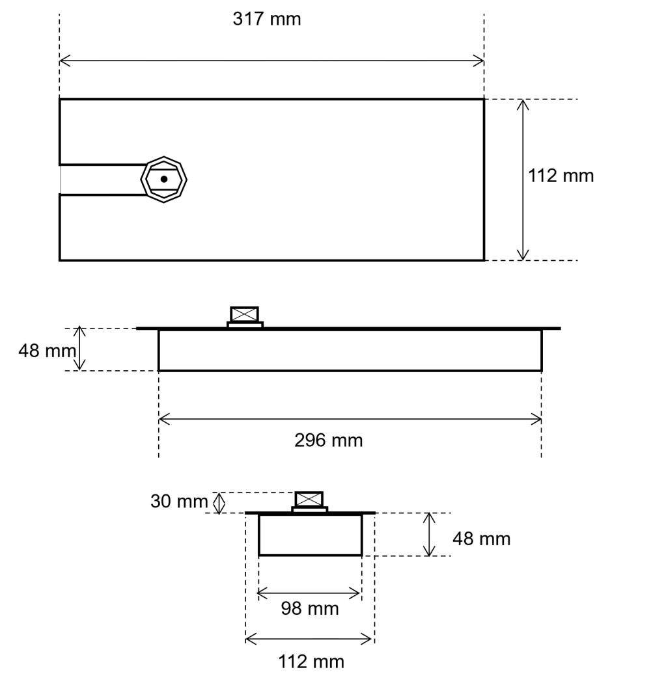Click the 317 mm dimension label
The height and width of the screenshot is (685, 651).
click(267, 20)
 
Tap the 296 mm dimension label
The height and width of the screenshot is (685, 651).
click(328, 440)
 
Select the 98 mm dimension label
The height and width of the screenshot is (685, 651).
click(309, 608)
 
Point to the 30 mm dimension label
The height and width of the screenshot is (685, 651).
click(179, 501)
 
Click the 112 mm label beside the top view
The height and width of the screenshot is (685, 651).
click(561, 176)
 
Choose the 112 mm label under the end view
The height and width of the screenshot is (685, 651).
click(311, 662)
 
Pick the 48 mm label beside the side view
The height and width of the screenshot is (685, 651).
click(48, 351)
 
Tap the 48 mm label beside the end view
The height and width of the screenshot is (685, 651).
click(481, 539)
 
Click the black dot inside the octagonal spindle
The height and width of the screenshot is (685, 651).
click(164, 179)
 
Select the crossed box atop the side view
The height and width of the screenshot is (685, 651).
click(244, 315)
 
